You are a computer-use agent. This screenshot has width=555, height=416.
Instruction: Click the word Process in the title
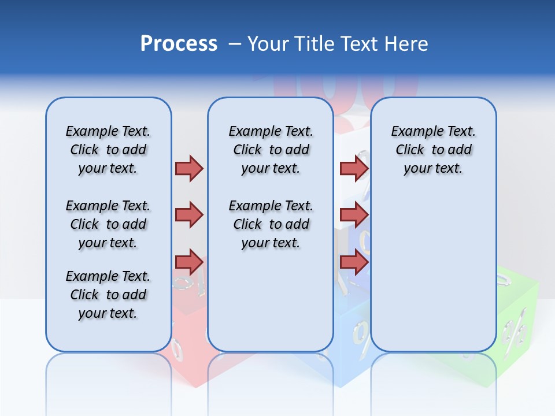point(179,43)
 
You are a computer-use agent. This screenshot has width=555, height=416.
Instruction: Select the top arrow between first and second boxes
point(189,168)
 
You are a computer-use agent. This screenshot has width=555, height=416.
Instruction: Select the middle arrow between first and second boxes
point(189,215)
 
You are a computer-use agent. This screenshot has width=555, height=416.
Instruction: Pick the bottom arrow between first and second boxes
point(189,262)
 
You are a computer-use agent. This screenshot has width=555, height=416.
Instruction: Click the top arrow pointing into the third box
point(354,168)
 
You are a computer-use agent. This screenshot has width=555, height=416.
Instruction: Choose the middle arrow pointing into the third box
point(354,215)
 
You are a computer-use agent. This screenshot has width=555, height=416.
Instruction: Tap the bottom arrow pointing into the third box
point(354,262)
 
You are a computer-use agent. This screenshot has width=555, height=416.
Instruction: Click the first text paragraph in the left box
point(108,150)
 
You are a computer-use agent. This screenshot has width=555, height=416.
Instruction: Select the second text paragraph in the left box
point(108,224)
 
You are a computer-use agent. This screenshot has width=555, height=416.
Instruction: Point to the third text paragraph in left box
point(108,295)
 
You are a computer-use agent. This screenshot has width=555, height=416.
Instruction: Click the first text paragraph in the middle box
point(271,150)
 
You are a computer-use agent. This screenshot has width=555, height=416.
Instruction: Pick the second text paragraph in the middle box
point(271,224)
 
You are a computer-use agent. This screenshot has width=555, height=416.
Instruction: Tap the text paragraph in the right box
point(434,150)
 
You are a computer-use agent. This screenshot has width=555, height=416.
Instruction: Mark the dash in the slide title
point(235,44)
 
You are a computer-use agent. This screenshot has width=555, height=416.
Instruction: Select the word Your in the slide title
point(267,44)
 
